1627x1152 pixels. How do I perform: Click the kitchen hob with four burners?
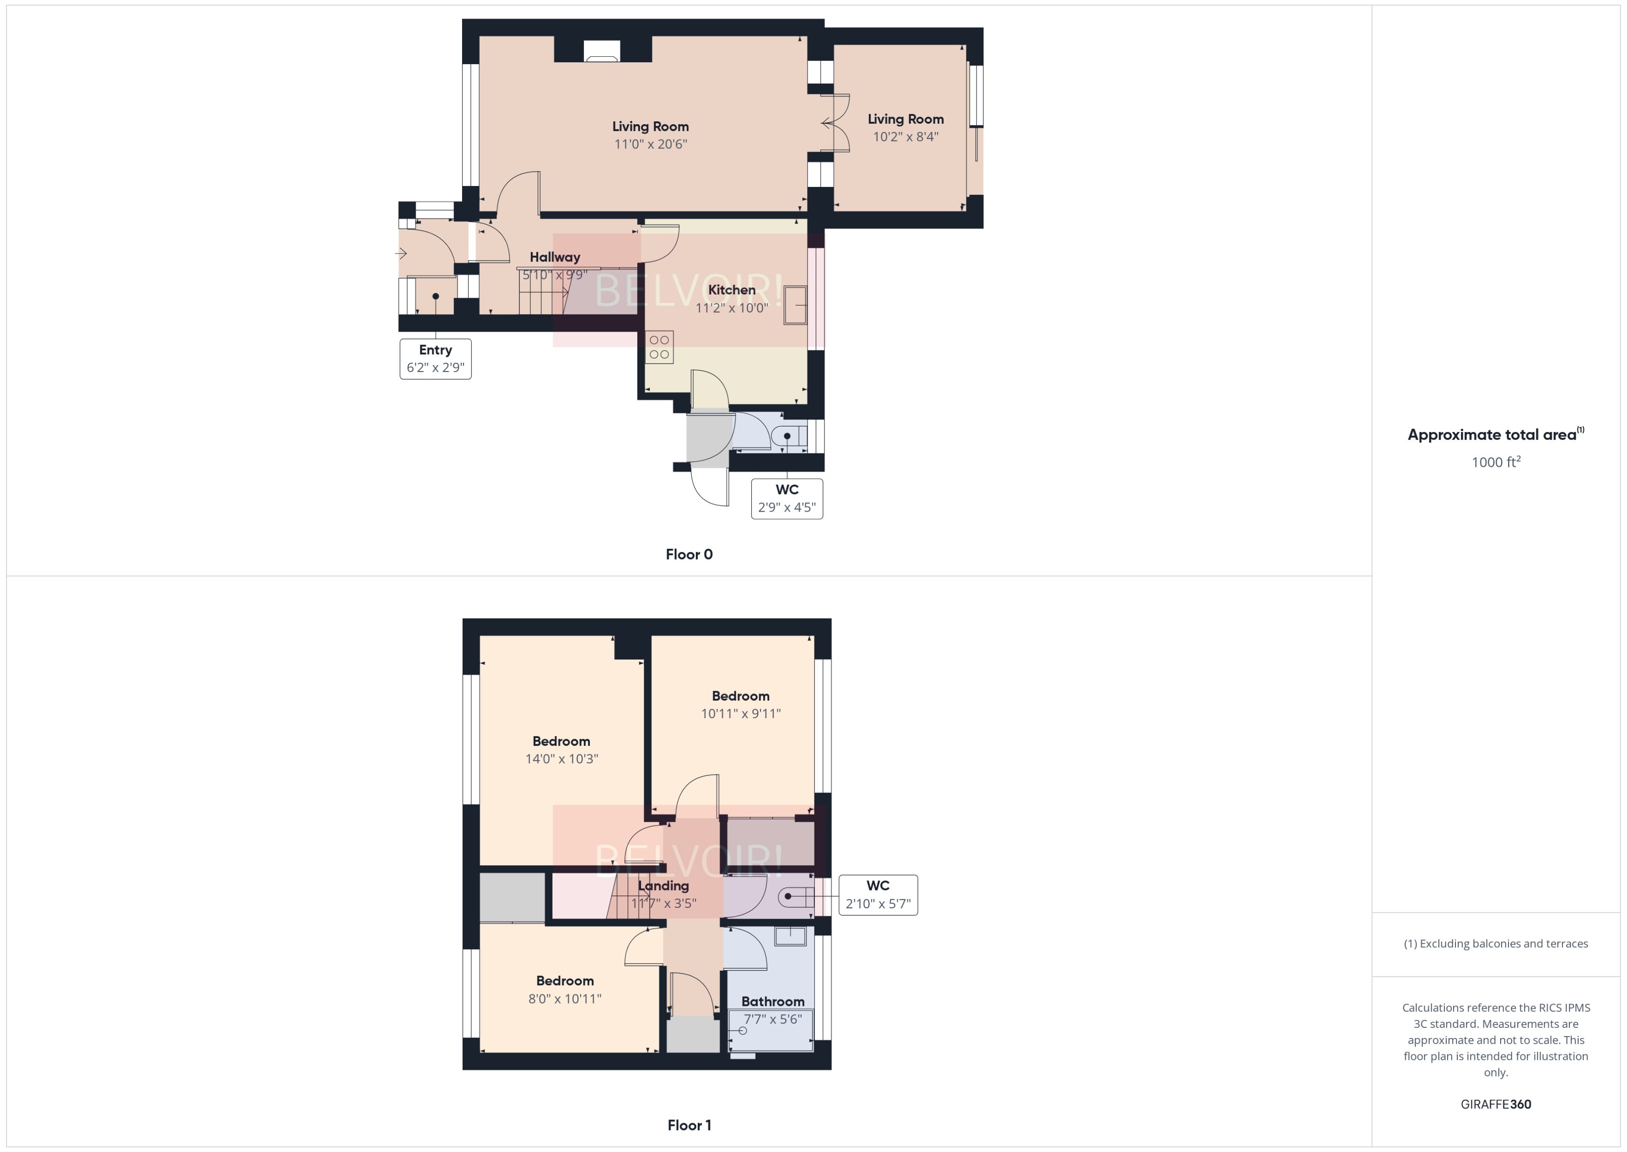pos(659,347)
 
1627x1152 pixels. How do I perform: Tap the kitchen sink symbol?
pos(795,305)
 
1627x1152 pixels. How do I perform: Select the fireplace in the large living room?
pos(601,51)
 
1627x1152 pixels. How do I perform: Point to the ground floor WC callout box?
pos(787,499)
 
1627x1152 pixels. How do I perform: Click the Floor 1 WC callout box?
pos(878,894)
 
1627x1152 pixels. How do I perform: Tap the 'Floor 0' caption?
pos(689,554)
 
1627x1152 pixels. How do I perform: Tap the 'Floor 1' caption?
pos(689,1125)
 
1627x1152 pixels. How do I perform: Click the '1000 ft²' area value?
pos(1496,462)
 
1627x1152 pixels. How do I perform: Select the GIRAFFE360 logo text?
pos(1496,1104)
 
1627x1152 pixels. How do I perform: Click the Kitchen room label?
pos(732,289)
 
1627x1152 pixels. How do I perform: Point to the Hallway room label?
pos(555,257)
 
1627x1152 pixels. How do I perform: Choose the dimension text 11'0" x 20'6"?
pos(650,144)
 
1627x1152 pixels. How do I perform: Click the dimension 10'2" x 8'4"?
pos(905,137)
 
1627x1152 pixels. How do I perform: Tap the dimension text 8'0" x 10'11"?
pos(564,998)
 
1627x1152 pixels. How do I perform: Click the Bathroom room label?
pos(773,1001)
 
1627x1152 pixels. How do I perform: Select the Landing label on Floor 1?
pos(663,886)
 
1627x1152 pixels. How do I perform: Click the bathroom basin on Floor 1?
pos(790,936)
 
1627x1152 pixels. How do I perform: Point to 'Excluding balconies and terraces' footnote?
pos(1496,944)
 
